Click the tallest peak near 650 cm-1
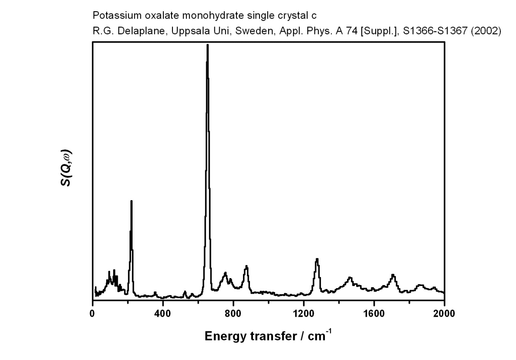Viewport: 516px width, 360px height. coord(208,45)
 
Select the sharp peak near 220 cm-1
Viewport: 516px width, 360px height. coord(131,201)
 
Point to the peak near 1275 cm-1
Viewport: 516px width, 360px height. coord(317,259)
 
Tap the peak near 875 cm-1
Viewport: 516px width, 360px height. coord(246,267)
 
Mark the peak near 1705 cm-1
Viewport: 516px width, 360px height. coord(393,275)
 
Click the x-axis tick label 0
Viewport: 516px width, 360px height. coord(93,314)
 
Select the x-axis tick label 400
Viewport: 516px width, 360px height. coord(163,314)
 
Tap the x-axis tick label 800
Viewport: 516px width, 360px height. coord(233,314)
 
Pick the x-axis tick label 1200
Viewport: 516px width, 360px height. coord(303,314)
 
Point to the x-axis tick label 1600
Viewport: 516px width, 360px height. coord(374,314)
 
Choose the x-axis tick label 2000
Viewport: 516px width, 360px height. coord(444,314)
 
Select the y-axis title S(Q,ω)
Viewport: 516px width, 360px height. coord(66,169)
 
